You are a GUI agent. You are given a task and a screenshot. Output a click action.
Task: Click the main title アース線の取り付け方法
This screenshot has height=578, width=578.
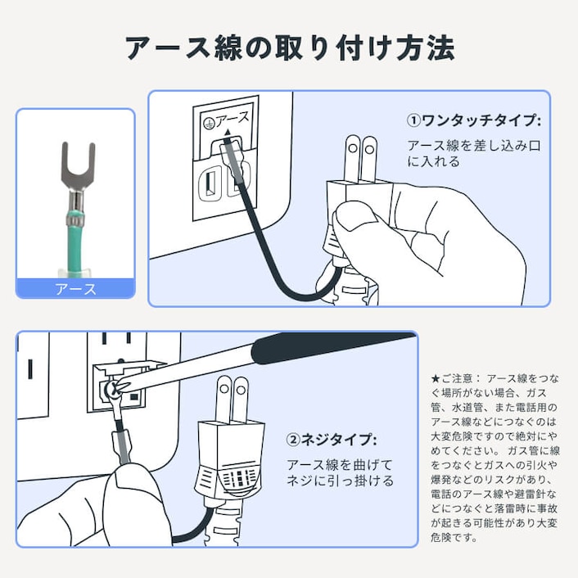(x=289, y=48)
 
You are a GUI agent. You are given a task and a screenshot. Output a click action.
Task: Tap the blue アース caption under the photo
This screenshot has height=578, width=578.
(x=75, y=289)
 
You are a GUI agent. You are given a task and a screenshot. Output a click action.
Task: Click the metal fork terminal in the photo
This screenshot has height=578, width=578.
(x=78, y=168)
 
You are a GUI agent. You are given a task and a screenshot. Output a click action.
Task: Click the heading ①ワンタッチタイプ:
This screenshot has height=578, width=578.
(x=474, y=120)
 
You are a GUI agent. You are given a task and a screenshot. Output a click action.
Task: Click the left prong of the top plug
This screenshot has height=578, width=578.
(x=353, y=159)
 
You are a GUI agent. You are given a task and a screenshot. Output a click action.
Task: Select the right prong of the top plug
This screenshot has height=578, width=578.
(x=370, y=159)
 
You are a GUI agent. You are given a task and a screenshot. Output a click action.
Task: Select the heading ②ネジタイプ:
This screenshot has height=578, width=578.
(x=332, y=440)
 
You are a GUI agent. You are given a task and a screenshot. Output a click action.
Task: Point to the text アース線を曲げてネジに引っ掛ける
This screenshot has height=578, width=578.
(x=340, y=472)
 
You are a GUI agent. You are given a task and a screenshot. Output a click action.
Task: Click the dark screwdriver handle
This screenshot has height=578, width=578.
(x=327, y=347)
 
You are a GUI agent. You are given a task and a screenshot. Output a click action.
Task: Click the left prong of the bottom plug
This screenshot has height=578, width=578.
(x=222, y=400)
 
